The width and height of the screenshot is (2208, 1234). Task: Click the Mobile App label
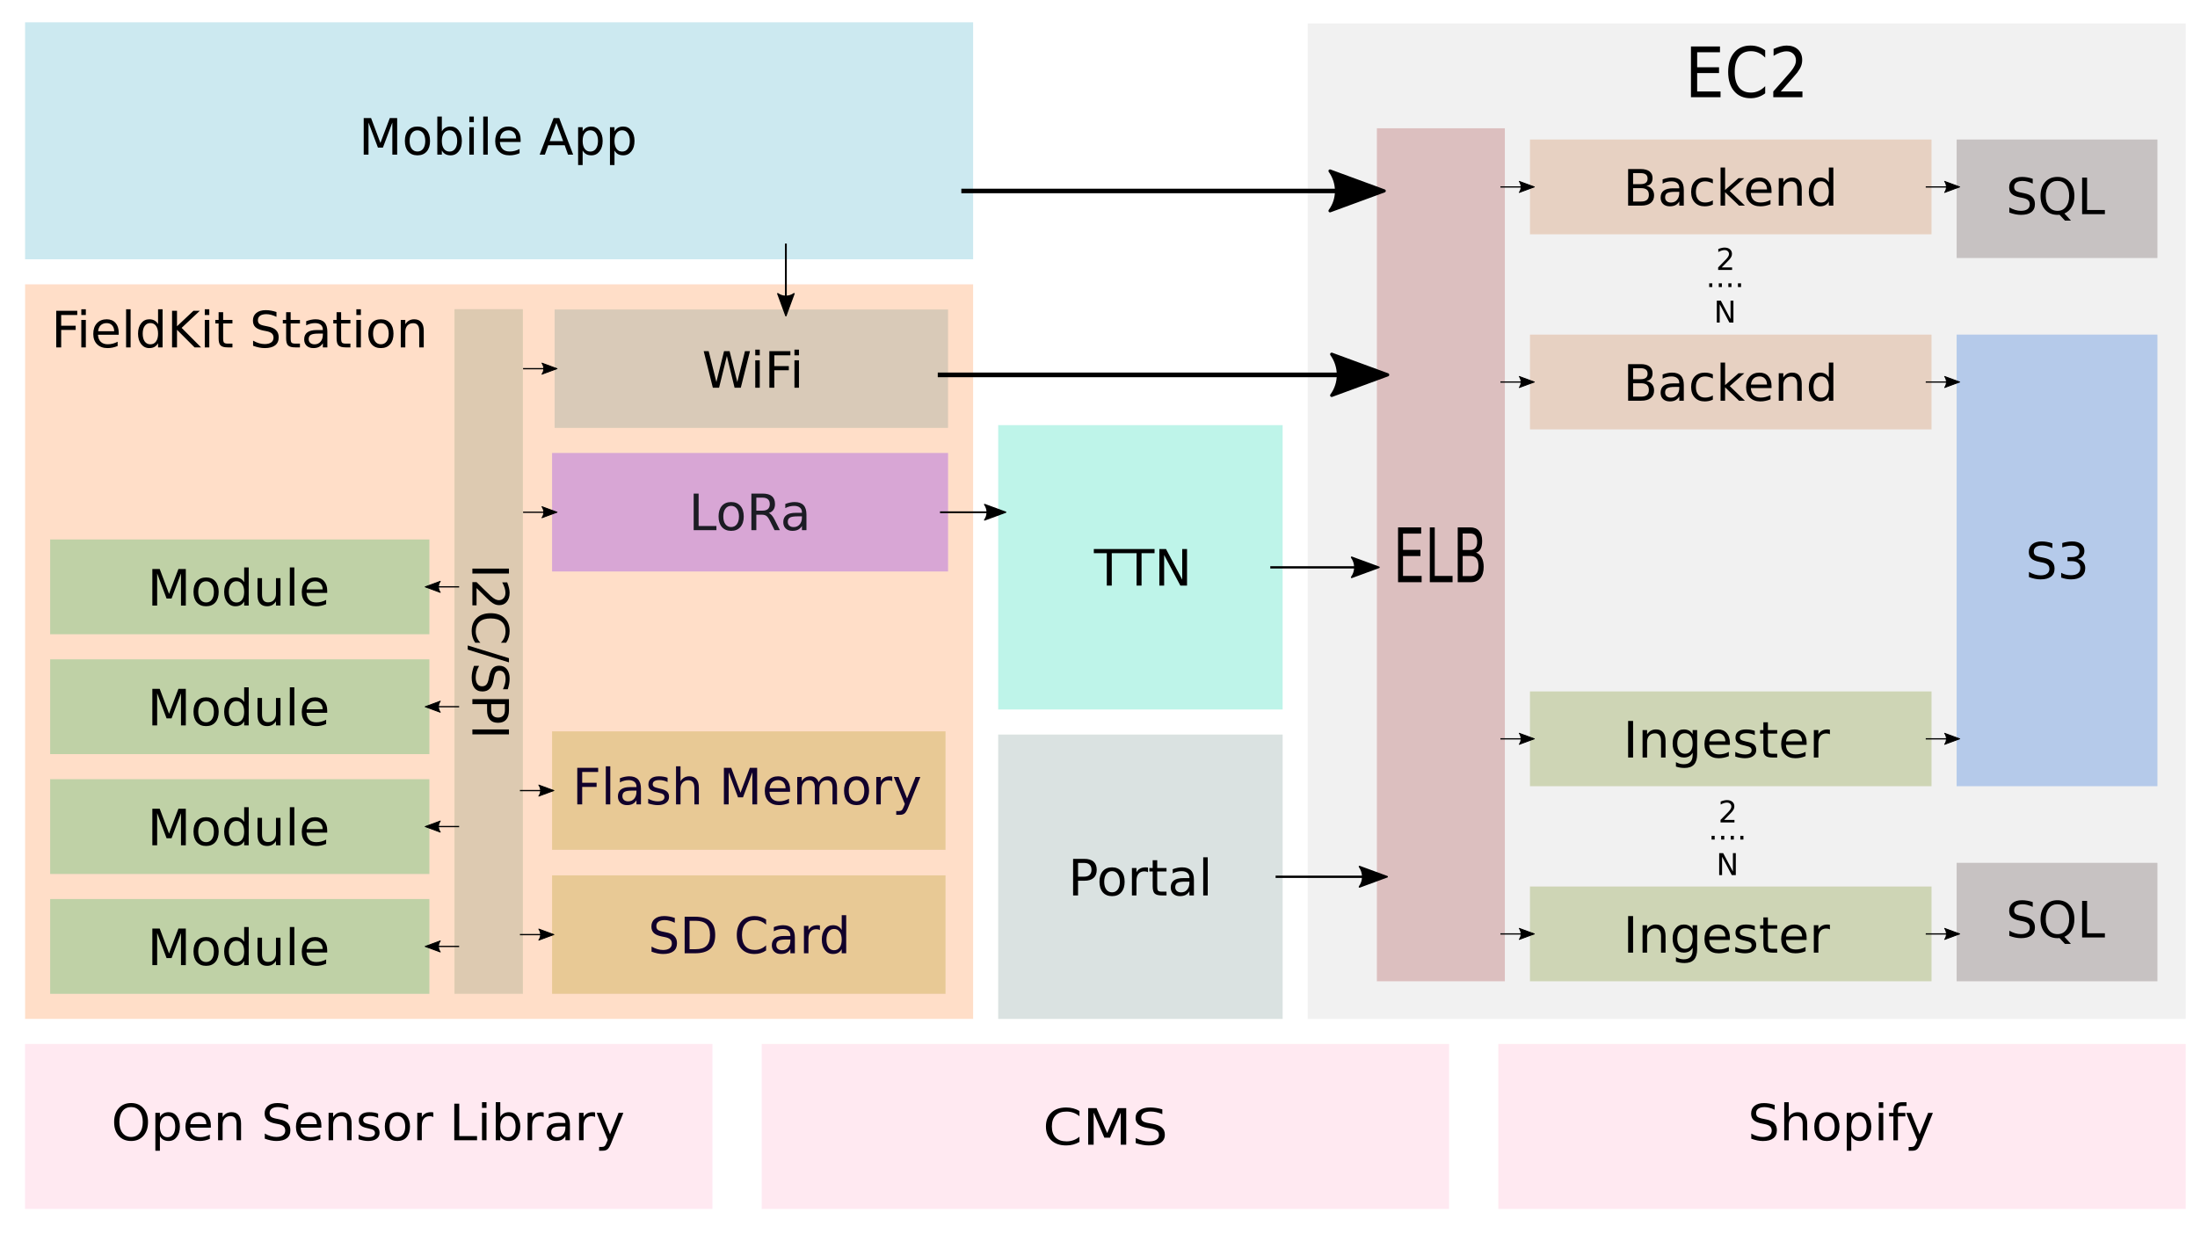click(498, 138)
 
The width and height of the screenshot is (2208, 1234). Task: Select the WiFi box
click(751, 369)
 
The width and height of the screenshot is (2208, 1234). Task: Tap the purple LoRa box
click(749, 512)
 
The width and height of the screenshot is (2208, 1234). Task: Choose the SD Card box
click(748, 934)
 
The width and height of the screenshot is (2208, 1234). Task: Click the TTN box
click(1139, 568)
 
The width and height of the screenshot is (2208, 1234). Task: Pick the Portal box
click(1139, 877)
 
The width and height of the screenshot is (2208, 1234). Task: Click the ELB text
click(1440, 555)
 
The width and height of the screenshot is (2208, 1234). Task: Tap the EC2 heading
click(1746, 74)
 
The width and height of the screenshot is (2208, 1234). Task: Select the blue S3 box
click(2056, 561)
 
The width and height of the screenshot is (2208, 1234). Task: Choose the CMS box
click(1104, 1126)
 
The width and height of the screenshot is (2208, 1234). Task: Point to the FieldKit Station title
click(239, 330)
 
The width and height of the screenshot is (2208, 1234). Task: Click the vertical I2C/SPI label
click(489, 651)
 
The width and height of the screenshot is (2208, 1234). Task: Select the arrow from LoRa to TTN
click(972, 512)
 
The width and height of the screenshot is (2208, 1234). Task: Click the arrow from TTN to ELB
click(1324, 568)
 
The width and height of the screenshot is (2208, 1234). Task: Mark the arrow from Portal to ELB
click(1330, 876)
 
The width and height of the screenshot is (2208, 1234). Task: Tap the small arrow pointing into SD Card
click(537, 934)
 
